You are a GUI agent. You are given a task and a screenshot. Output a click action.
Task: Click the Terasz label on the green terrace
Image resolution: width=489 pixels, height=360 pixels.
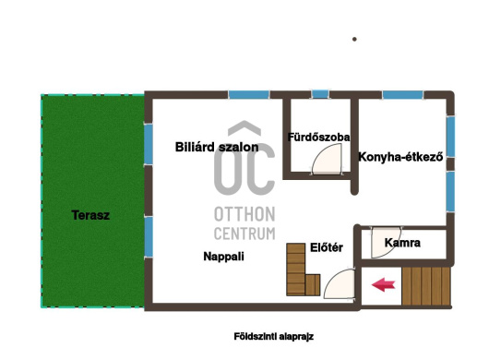[x=90, y=215]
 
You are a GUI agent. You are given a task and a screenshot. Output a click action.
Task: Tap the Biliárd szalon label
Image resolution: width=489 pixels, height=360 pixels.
[x=217, y=147]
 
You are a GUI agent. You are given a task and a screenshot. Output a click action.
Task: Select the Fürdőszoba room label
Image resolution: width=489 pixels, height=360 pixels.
[x=318, y=137]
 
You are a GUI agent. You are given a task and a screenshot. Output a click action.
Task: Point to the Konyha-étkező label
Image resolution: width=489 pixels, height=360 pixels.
[x=400, y=157]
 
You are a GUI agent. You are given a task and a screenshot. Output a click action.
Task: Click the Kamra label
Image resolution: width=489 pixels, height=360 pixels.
[x=402, y=243]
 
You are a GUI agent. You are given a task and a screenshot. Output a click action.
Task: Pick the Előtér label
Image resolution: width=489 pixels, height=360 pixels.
[x=327, y=247]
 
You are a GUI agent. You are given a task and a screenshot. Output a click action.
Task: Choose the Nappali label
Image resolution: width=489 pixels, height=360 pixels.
[x=223, y=257]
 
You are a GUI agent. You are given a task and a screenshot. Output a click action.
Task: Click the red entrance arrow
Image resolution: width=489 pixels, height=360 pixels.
[x=383, y=285]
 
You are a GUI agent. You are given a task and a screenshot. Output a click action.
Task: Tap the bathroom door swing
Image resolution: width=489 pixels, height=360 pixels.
[x=327, y=159]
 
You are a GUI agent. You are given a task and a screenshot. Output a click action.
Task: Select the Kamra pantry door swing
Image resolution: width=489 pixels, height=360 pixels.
[x=386, y=243]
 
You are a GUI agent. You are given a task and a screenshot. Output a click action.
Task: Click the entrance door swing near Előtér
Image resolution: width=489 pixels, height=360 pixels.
[x=340, y=284]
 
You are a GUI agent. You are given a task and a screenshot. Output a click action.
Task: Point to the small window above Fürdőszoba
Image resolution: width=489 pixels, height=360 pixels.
[x=320, y=94]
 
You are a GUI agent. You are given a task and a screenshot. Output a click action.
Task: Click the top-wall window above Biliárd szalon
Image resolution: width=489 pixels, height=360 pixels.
[x=248, y=94]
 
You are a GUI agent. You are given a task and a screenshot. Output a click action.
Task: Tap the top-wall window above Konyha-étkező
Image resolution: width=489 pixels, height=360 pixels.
[x=402, y=94]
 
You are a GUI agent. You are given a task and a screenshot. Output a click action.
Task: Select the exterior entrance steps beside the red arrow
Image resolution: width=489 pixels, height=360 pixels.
[x=426, y=286]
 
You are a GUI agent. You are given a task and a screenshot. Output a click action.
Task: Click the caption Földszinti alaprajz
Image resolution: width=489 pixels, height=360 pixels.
[x=273, y=337]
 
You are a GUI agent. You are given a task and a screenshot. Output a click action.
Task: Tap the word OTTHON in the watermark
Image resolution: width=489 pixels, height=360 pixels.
[x=244, y=214]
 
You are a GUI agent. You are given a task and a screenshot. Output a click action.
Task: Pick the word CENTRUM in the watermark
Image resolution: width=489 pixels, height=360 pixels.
[x=244, y=234]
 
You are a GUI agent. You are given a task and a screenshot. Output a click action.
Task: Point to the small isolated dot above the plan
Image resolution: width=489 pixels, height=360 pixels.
[x=354, y=39]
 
